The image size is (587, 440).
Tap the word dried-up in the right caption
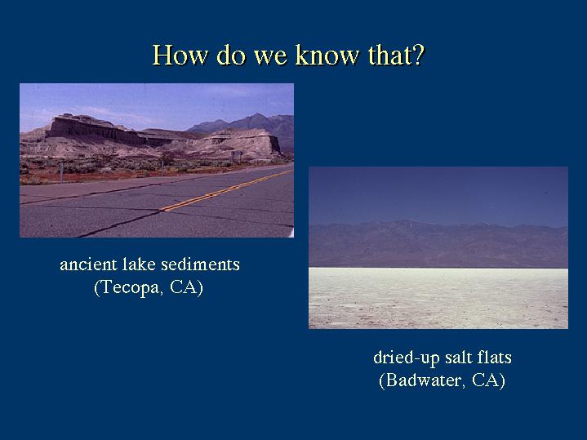pyautogui.click(x=407, y=358)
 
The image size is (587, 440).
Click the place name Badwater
pyautogui.click(x=423, y=380)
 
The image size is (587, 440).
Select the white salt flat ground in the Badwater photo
pyautogui.click(x=438, y=298)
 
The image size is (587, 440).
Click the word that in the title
pyautogui.click(x=389, y=55)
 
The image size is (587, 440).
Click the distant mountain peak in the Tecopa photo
pyautogui.click(x=257, y=115)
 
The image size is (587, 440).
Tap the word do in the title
pyautogui.click(x=231, y=55)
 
